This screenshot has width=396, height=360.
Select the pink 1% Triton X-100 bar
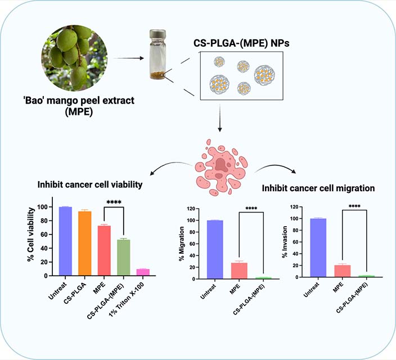(143, 272)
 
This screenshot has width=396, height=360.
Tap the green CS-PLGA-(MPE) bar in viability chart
(124, 258)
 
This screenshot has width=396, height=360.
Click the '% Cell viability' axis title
(29, 236)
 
